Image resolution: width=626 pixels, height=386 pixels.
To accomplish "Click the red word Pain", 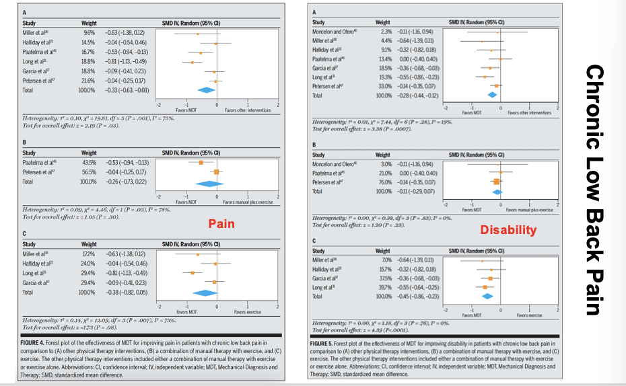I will coord(221,223).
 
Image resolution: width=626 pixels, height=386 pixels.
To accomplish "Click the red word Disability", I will coord(508,230).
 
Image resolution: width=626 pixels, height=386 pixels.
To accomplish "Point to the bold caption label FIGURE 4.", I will coord(38,343).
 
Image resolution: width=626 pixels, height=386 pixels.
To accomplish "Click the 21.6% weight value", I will coord(89,80).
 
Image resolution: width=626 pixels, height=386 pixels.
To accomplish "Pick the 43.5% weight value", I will coord(89,162).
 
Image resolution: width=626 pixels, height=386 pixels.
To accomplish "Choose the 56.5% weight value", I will coord(89,172).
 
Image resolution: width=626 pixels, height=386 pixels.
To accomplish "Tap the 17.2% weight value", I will coord(89,254).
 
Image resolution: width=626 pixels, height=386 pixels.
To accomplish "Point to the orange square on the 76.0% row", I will coord(497,182).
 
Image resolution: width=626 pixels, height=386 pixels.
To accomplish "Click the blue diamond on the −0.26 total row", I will coord(209,182).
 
